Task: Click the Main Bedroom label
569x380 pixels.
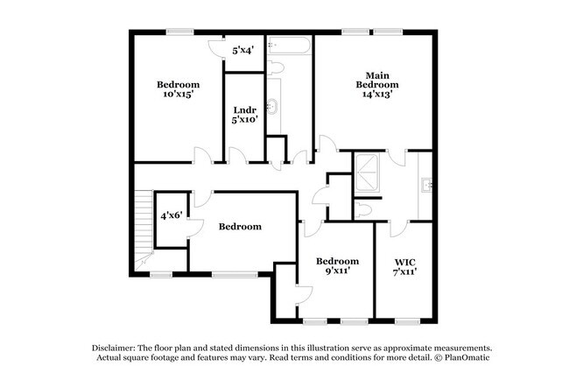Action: (x=377, y=79)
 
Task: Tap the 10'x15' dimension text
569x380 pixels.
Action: (x=178, y=94)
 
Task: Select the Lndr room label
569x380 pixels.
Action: (x=244, y=110)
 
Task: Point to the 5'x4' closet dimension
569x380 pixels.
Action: (x=242, y=51)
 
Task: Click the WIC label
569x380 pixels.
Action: (x=404, y=261)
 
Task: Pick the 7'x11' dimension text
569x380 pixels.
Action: (x=404, y=271)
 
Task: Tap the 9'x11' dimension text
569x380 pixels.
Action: (x=337, y=271)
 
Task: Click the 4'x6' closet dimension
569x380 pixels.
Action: (x=171, y=215)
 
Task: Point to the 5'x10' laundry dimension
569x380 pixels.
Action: (x=244, y=120)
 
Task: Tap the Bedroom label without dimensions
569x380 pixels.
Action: (x=240, y=227)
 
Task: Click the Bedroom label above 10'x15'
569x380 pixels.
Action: (x=178, y=85)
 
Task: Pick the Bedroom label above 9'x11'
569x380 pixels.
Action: (x=337, y=261)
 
